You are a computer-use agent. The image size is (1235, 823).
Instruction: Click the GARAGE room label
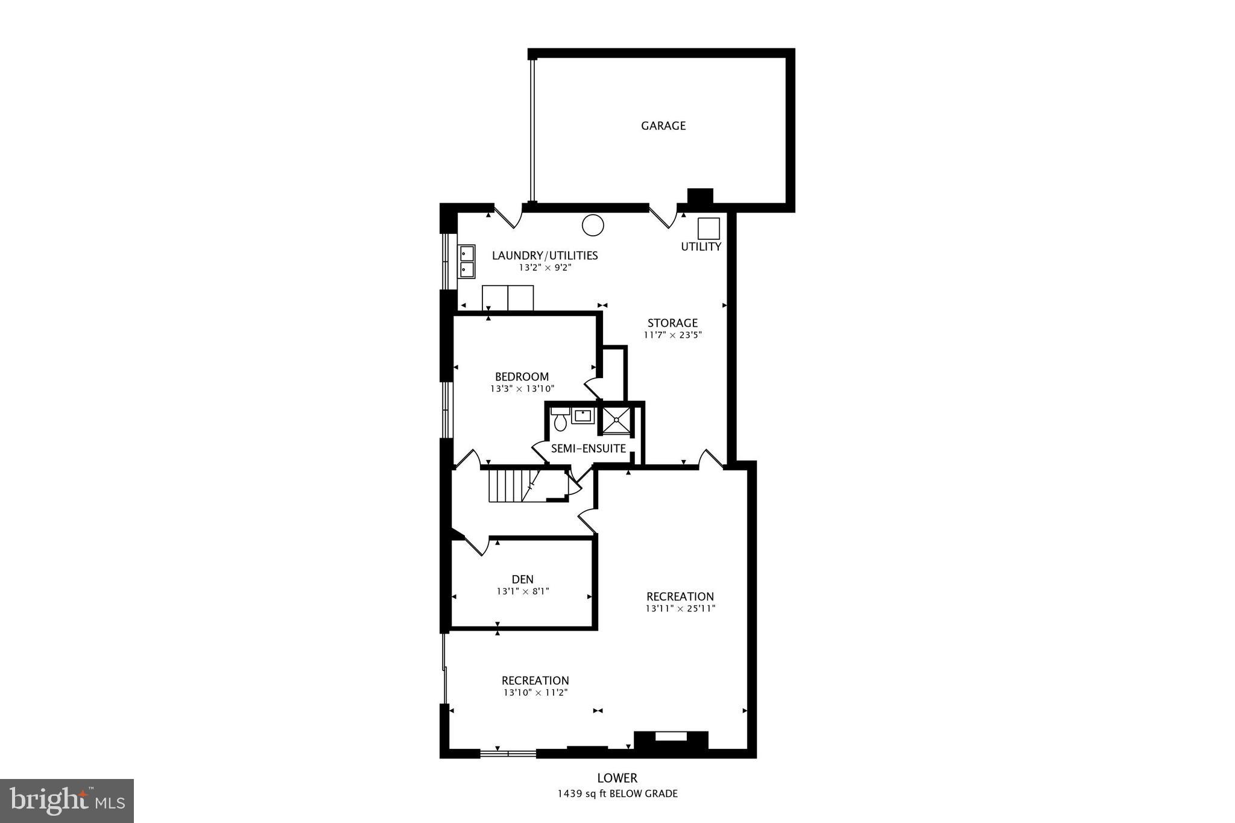pyautogui.click(x=663, y=126)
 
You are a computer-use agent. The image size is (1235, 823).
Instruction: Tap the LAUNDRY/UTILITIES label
pyautogui.click(x=545, y=256)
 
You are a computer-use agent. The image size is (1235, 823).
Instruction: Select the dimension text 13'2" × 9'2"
pyautogui.click(x=545, y=268)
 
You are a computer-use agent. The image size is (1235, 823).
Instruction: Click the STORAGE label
pyautogui.click(x=672, y=323)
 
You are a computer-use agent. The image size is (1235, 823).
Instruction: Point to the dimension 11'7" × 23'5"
pyautogui.click(x=672, y=335)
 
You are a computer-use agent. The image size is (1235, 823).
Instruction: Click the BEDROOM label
pyautogui.click(x=522, y=377)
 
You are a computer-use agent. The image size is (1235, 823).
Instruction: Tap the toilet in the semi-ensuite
pyautogui.click(x=560, y=420)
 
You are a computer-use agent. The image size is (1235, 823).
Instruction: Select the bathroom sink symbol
pyautogui.click(x=583, y=415)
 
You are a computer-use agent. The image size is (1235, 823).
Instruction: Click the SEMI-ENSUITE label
pyautogui.click(x=588, y=449)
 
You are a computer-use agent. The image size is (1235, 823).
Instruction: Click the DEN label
pyautogui.click(x=522, y=579)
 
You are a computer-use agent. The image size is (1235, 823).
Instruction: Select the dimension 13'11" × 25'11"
pyautogui.click(x=680, y=609)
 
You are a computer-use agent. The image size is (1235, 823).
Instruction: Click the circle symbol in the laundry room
pyautogui.click(x=592, y=225)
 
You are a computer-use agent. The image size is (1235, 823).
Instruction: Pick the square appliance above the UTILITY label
pyautogui.click(x=709, y=229)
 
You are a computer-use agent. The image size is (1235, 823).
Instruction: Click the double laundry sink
pyautogui.click(x=467, y=261)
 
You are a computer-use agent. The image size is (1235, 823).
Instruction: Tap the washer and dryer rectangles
pyautogui.click(x=508, y=298)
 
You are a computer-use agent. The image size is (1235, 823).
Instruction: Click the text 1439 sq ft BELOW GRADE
pyautogui.click(x=617, y=794)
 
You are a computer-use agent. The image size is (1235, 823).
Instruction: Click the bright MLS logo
pyautogui.click(x=67, y=801)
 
